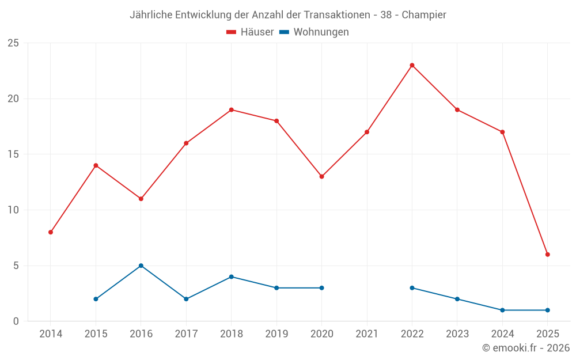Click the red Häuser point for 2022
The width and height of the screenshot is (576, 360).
click(x=412, y=65)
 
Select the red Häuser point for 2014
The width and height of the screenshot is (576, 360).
click(x=51, y=232)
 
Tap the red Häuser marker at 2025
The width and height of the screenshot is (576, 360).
click(x=548, y=254)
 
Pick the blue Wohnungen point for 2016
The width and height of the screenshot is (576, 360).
click(x=141, y=266)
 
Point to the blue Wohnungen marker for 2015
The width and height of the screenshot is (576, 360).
click(x=96, y=299)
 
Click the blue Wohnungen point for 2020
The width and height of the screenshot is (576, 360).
click(x=321, y=287)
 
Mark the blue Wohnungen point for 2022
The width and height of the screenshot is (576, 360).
click(x=412, y=287)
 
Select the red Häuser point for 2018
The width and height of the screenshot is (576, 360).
click(x=231, y=109)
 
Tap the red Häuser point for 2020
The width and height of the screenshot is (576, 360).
click(x=321, y=176)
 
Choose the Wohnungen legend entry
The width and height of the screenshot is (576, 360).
click(x=314, y=32)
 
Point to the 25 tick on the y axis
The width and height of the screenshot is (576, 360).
click(x=13, y=43)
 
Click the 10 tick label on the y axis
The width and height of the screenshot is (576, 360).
click(x=13, y=210)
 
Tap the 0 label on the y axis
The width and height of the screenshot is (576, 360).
click(x=16, y=321)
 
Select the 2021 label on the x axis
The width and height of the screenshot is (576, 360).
click(x=367, y=334)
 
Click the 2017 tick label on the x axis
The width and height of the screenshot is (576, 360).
click(x=186, y=334)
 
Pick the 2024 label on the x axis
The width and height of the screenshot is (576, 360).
click(x=502, y=334)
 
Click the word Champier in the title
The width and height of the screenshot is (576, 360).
click(x=424, y=15)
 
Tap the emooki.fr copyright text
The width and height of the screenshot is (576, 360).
click(x=526, y=348)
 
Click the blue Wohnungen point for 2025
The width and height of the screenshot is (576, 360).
click(x=548, y=310)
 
